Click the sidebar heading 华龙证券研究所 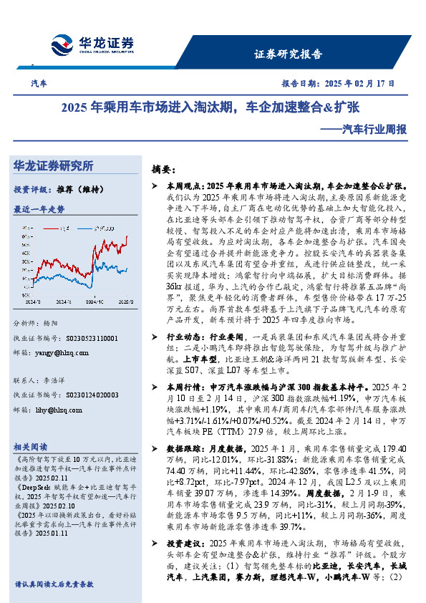coord(53,166)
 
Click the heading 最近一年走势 coord(39,209)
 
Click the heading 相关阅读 coord(30,445)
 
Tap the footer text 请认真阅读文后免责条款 coord(54,584)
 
